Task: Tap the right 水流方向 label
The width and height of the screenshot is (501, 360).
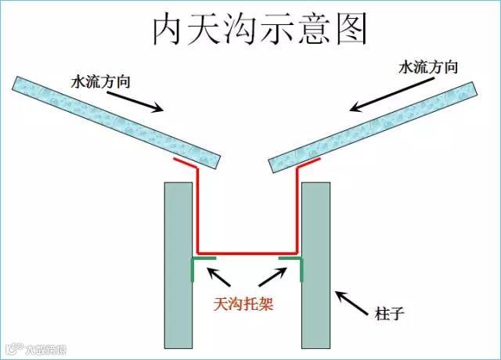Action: tap(427, 68)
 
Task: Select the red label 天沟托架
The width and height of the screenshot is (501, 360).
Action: tap(247, 302)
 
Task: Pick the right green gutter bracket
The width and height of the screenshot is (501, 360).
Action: tap(293, 265)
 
